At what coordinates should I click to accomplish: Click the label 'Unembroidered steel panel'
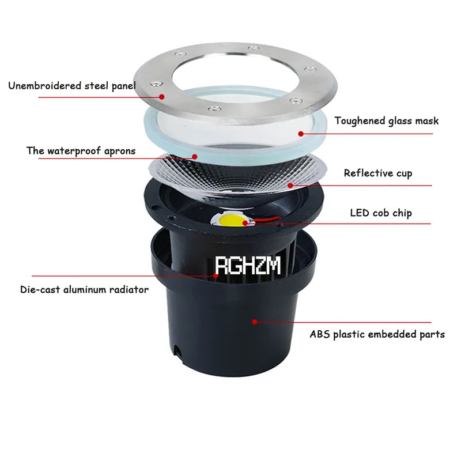72,86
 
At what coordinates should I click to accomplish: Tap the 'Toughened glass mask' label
386,121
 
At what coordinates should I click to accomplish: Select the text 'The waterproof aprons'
81,151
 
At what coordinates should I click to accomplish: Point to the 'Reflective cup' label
378,173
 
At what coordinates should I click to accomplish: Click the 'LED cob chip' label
381,213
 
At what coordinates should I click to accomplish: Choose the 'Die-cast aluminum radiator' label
84,289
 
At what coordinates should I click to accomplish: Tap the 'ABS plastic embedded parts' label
377,334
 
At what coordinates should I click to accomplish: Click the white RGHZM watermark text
248,266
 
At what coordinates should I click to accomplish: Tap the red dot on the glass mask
300,133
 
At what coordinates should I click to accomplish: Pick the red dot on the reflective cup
290,185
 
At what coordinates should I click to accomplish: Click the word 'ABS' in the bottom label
321,334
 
